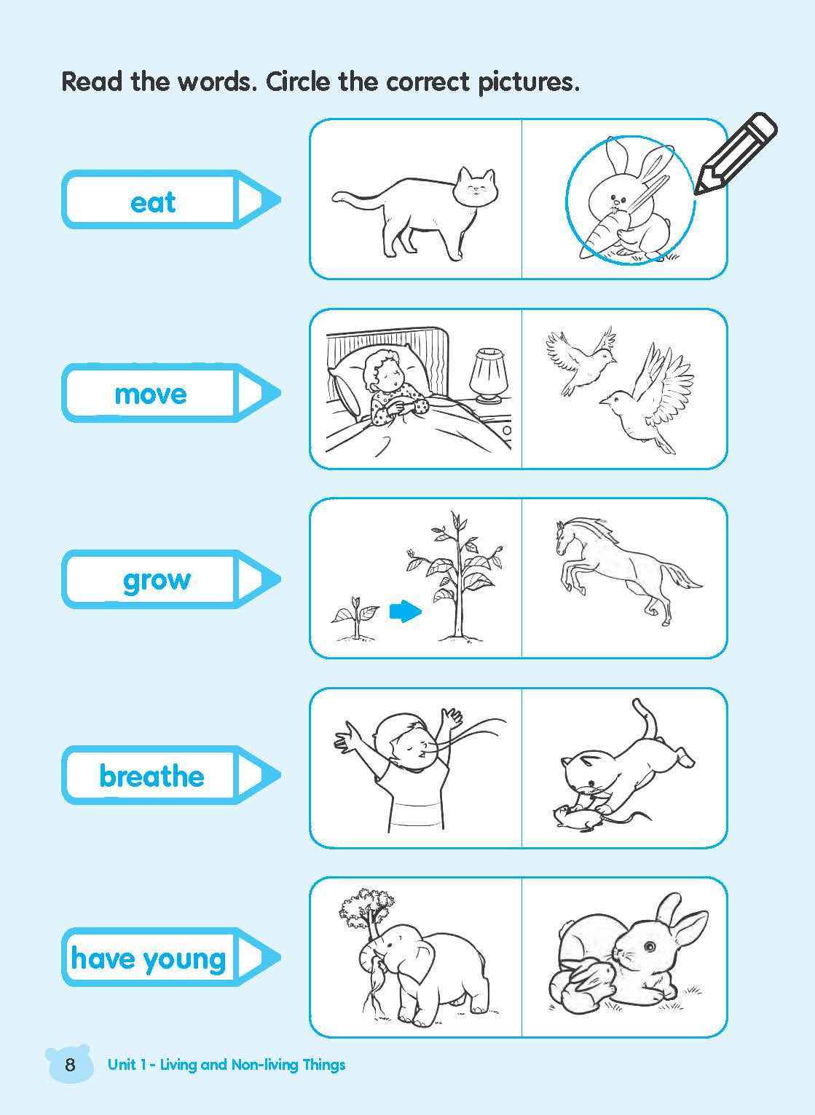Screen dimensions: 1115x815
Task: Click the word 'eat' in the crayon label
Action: (x=153, y=202)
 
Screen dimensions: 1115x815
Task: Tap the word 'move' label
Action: (x=151, y=394)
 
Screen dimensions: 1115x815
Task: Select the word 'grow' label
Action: (x=157, y=580)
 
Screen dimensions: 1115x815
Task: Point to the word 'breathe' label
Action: (x=151, y=776)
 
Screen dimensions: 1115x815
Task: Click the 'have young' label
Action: (x=149, y=959)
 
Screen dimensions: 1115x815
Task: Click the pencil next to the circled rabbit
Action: (x=735, y=154)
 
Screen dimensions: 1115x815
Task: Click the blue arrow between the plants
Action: (x=405, y=611)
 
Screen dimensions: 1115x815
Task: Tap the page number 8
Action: (x=70, y=1066)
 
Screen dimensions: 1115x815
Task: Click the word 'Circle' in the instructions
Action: (x=299, y=82)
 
